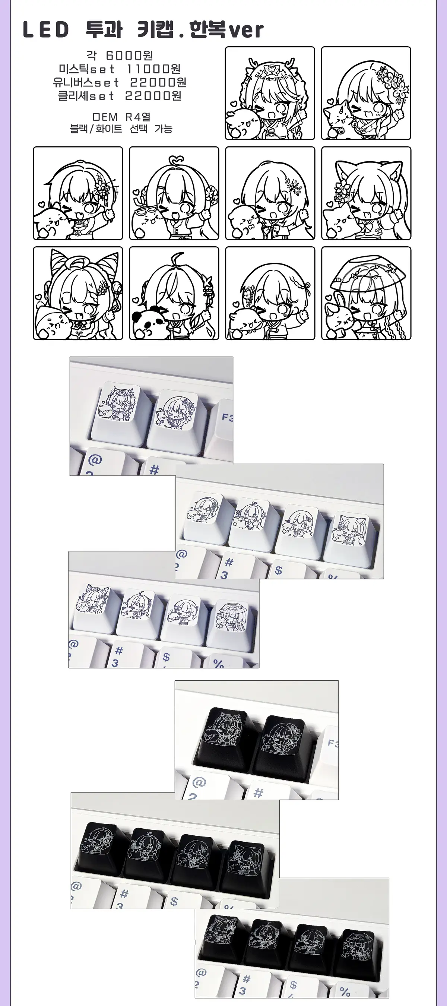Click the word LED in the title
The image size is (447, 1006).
click(46, 30)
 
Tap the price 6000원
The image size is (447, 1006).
click(129, 56)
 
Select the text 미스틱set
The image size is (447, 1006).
click(87, 69)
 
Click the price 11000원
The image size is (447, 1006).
click(153, 69)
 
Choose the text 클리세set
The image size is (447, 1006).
click(86, 96)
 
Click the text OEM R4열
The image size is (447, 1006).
click(121, 117)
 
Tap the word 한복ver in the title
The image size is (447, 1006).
click(226, 30)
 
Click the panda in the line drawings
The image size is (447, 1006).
click(144, 322)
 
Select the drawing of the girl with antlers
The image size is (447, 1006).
click(270, 93)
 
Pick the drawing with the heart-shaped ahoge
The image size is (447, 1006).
click(174, 193)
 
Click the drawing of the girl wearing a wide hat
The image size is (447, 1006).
click(366, 293)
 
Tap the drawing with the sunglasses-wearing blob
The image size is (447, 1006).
click(174, 193)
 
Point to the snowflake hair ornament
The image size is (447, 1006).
click(294, 184)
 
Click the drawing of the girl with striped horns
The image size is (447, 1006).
click(78, 293)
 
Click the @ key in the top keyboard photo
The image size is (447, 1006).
click(95, 460)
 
